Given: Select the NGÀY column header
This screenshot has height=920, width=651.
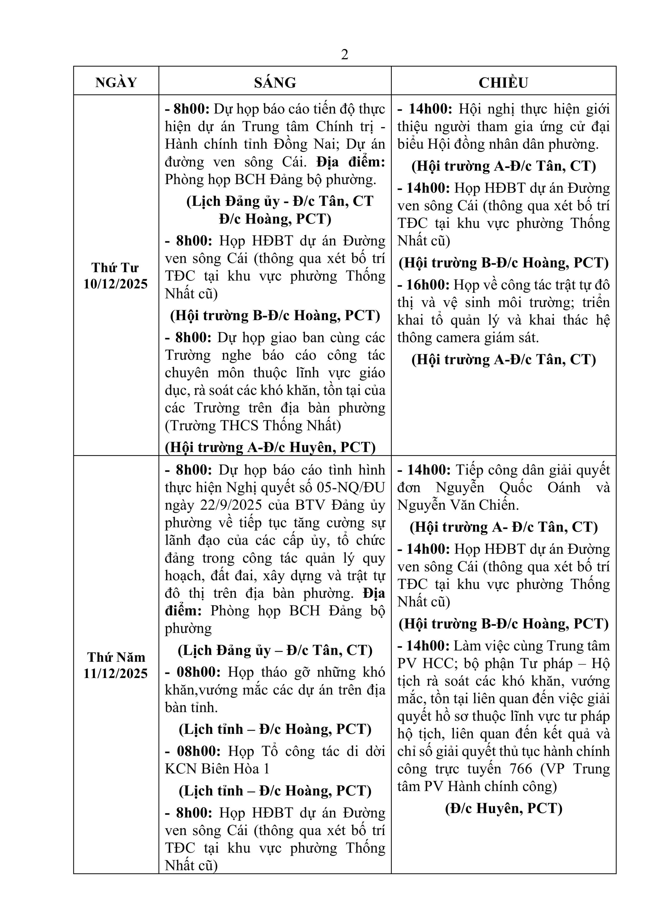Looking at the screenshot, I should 116,82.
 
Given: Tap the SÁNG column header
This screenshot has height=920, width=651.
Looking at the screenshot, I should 275,82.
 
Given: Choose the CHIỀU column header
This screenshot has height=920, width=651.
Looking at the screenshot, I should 503,82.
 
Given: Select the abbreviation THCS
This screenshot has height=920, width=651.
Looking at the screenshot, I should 239,426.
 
